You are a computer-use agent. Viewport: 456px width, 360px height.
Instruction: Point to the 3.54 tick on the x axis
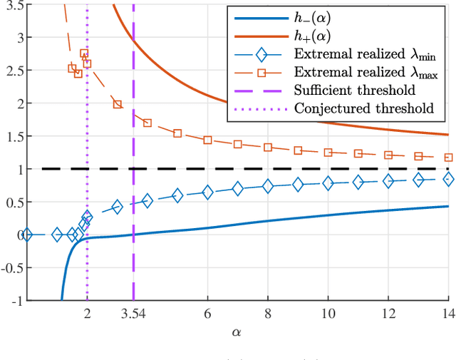[133, 313]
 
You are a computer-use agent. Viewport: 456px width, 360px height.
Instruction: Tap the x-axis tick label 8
[268, 313]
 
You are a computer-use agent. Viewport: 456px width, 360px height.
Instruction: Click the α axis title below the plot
[236, 331]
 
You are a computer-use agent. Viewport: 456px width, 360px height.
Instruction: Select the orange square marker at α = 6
[208, 140]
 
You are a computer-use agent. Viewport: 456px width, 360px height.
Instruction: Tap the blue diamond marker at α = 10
[328, 183]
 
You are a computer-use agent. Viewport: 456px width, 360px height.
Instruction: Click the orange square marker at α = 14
[448, 158]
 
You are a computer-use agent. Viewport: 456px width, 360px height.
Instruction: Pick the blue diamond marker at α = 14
[448, 180]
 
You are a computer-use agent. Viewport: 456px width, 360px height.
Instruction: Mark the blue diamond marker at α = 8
[268, 186]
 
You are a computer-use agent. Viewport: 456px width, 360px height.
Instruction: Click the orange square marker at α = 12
[388, 155]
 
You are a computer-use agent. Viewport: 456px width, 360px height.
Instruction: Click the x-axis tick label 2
[87, 313]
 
